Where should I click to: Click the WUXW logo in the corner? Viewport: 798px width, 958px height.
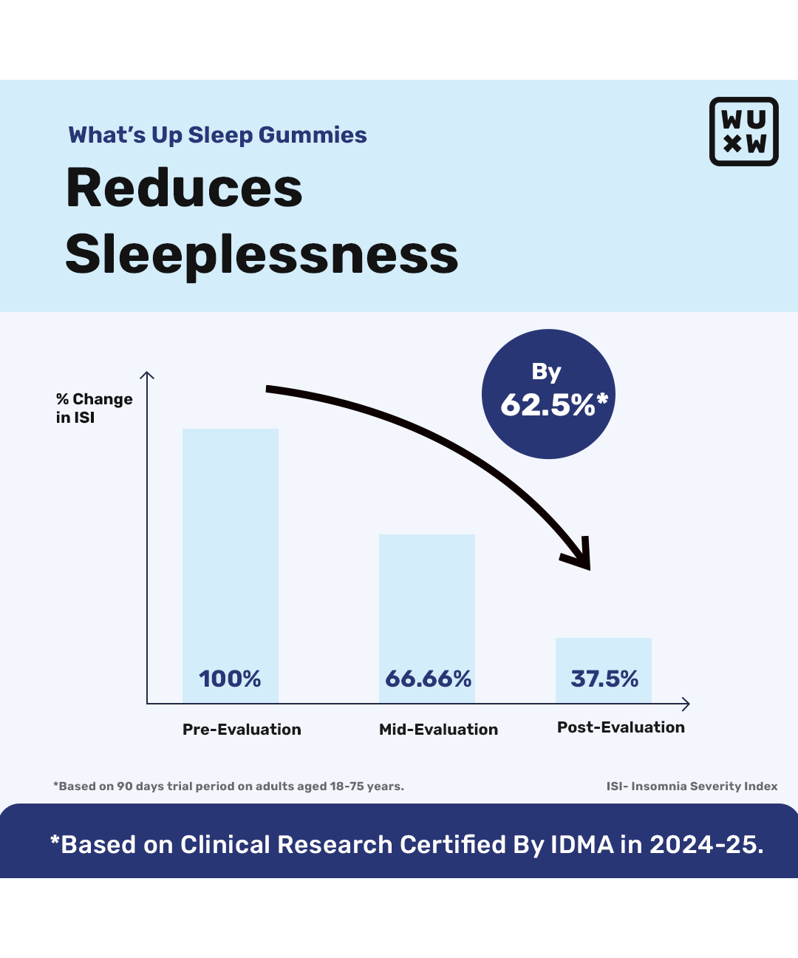(x=743, y=132)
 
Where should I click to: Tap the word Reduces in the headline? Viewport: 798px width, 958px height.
(x=184, y=188)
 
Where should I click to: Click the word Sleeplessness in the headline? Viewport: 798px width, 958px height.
(x=262, y=254)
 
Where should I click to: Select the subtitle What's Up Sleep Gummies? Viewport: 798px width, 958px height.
(x=217, y=135)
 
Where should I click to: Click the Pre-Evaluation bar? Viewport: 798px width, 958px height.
(x=231, y=547)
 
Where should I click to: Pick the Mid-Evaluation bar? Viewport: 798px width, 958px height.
(x=427, y=599)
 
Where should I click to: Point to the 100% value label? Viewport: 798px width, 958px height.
(x=230, y=679)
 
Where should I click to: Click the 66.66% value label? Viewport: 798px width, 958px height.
(x=429, y=679)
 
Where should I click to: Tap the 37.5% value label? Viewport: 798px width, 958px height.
(x=604, y=679)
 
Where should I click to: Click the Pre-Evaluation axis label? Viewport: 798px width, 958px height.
(x=242, y=730)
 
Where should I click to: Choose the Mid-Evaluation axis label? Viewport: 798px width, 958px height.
(x=438, y=730)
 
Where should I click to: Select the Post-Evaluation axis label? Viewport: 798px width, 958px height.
(x=621, y=727)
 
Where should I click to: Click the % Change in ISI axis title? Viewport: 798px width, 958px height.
(x=94, y=408)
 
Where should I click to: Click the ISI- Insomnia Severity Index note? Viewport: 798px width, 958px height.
(x=692, y=787)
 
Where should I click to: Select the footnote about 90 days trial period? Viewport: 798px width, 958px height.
(x=228, y=787)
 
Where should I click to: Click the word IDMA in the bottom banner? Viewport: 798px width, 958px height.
(x=582, y=845)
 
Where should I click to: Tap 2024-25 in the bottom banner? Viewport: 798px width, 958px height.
(x=706, y=845)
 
